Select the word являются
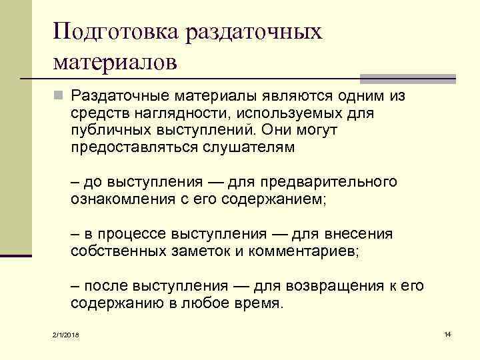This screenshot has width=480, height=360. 273,97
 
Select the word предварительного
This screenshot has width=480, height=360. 329,182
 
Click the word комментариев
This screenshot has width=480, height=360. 301,251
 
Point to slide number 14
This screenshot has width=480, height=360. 447,333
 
